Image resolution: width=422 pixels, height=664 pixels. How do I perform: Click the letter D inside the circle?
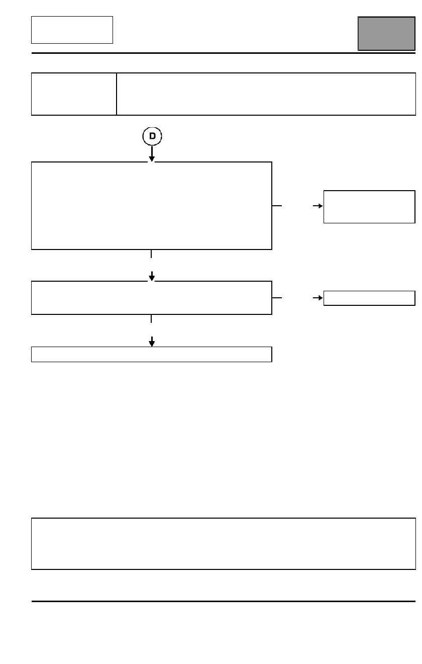(152, 136)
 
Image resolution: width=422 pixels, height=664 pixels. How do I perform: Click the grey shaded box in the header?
(386, 34)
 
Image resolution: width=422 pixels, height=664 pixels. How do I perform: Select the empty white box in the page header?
(72, 30)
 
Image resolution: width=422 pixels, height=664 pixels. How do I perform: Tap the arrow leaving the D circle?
(152, 153)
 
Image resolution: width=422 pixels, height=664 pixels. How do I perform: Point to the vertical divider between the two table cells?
(117, 94)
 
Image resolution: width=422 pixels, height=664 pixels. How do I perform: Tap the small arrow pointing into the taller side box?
(318, 206)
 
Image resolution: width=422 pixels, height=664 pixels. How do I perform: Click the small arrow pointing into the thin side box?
(318, 298)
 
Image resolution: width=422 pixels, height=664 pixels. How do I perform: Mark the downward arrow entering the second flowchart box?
(152, 276)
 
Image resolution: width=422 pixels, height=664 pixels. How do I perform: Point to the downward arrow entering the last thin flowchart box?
(152, 342)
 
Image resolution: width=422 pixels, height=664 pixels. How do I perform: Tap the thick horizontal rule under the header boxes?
(224, 53)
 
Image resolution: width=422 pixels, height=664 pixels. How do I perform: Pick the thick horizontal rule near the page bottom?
(224, 601)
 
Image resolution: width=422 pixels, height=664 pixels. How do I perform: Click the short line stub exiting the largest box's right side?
(277, 206)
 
